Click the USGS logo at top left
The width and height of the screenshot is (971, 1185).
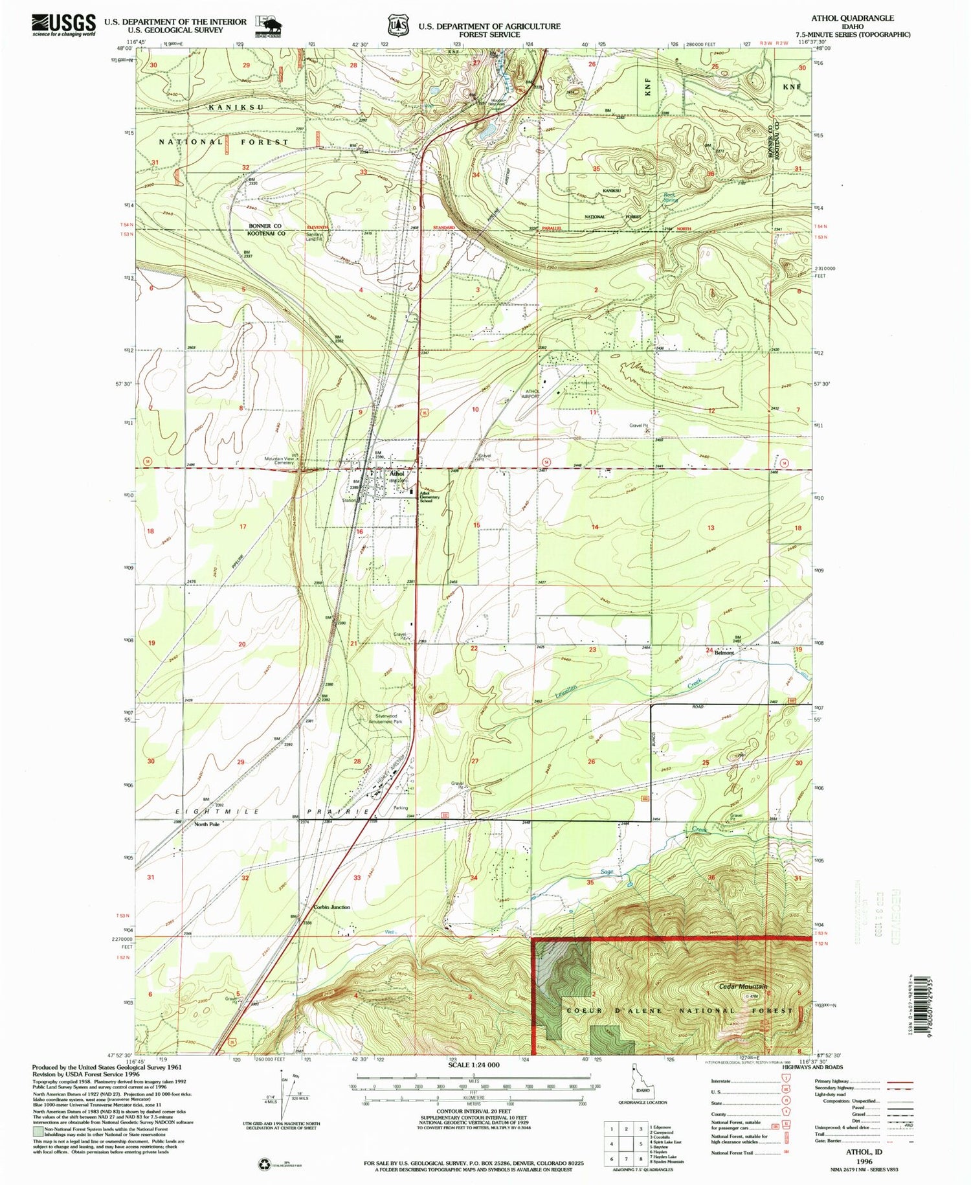point(63,25)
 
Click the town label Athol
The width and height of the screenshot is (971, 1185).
point(396,474)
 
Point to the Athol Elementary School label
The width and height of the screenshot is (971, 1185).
point(429,497)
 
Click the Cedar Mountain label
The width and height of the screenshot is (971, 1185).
point(742,987)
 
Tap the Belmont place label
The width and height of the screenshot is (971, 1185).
point(724,653)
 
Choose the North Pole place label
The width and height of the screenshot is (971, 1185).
point(206,825)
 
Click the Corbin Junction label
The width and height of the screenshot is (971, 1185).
point(331,907)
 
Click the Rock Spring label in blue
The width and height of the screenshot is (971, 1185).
point(669,198)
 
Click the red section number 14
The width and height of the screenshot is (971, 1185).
point(594,528)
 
